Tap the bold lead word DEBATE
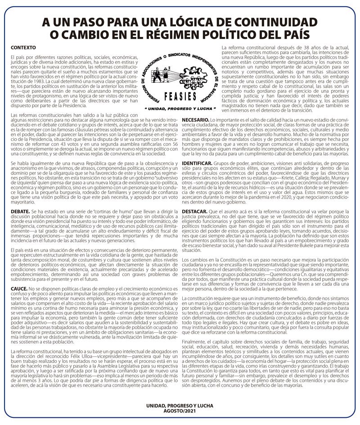pos(20,212)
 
